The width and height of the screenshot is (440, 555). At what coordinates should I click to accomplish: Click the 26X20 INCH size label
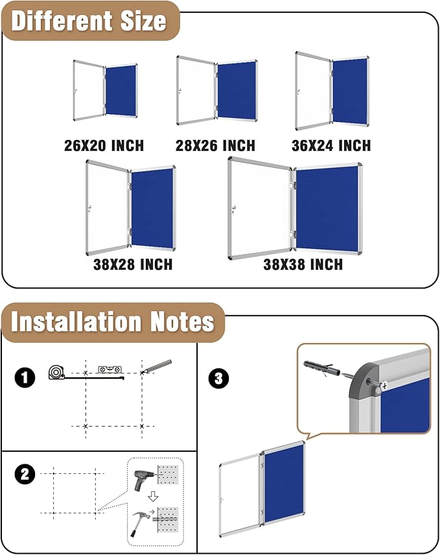[104, 145]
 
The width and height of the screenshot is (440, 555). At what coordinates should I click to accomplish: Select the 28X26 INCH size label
[215, 145]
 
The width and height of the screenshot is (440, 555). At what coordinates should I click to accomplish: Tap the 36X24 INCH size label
[331, 145]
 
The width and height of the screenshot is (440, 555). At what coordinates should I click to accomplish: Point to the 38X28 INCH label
[132, 265]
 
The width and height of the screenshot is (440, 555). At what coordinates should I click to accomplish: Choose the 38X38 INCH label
[303, 265]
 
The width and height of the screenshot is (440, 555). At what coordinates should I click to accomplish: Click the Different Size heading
[89, 21]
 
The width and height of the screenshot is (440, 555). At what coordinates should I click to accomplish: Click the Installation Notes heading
[112, 322]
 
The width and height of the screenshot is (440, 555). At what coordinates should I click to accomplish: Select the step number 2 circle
[25, 475]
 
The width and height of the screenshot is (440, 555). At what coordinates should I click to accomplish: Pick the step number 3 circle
[218, 378]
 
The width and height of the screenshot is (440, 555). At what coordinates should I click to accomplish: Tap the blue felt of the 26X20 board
[121, 90]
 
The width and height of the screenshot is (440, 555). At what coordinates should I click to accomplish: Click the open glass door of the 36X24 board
[312, 91]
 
